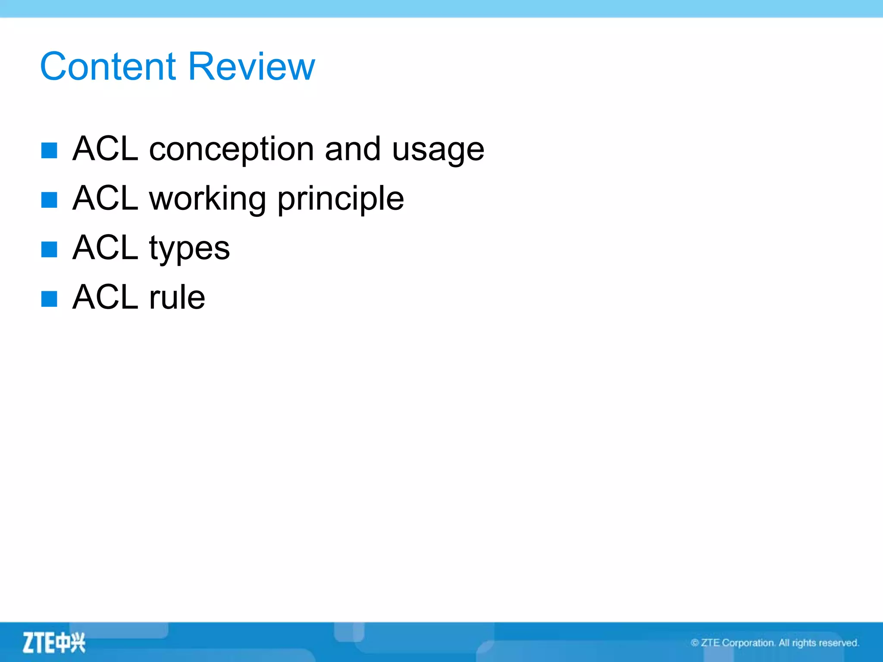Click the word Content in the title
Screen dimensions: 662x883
point(108,66)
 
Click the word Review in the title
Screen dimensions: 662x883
point(252,66)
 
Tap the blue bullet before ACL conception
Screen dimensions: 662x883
point(49,150)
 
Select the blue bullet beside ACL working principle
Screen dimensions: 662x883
point(49,200)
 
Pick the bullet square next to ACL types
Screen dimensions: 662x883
point(49,249)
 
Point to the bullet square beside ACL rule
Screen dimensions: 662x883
point(49,298)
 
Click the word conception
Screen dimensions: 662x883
point(232,150)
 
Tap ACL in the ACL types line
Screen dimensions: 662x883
point(105,248)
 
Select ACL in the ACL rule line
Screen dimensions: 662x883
point(105,297)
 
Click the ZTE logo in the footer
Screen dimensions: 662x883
point(54,643)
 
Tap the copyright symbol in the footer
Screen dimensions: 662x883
point(695,643)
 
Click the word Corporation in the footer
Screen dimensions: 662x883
point(748,643)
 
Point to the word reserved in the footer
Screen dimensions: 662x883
point(839,643)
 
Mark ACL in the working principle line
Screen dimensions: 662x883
point(105,198)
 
